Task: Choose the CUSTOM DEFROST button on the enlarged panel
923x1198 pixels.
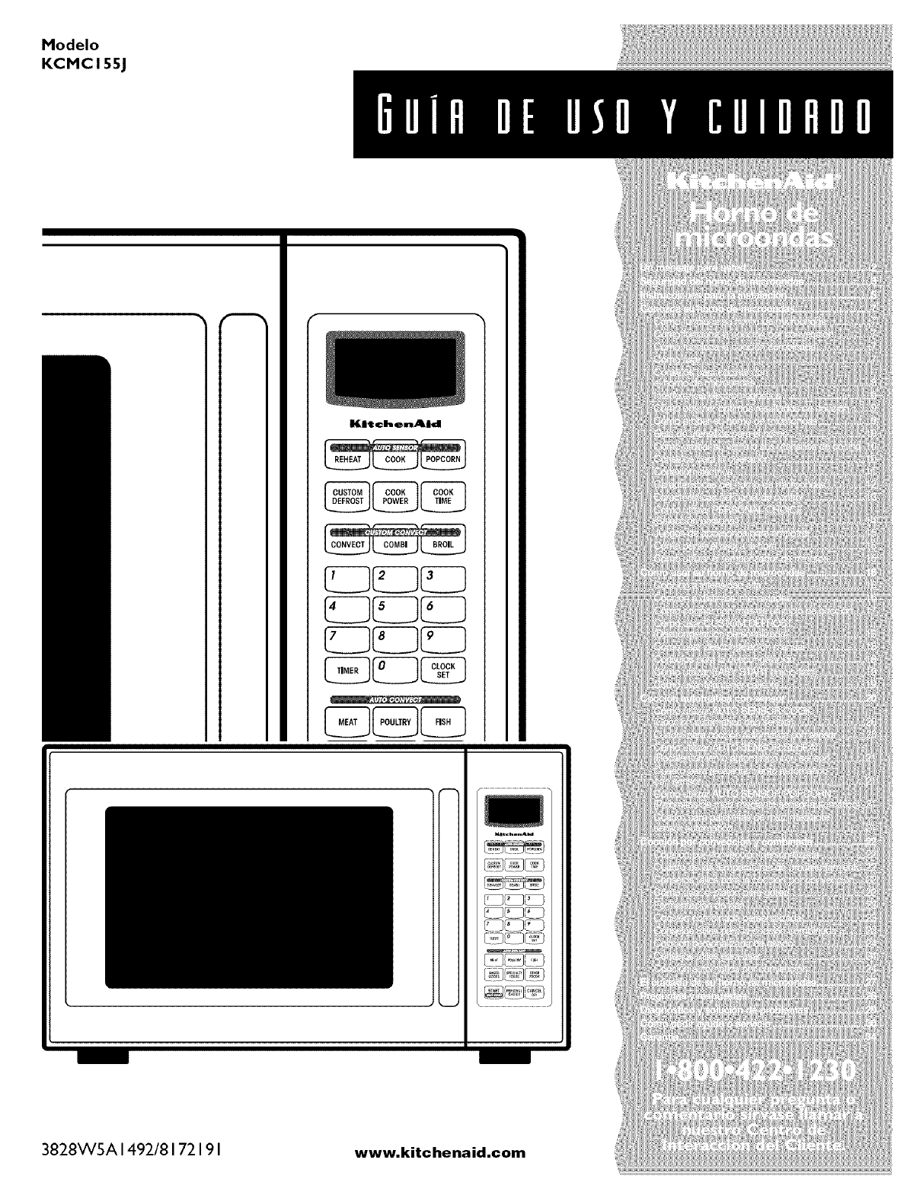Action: point(348,496)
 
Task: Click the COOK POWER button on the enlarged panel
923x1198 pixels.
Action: point(395,496)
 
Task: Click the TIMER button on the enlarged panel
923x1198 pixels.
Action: point(348,671)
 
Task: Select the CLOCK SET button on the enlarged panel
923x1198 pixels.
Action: point(442,671)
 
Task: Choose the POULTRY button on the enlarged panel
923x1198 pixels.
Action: point(395,722)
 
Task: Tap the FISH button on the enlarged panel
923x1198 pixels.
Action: point(442,722)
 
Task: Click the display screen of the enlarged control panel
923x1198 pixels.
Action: point(395,368)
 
